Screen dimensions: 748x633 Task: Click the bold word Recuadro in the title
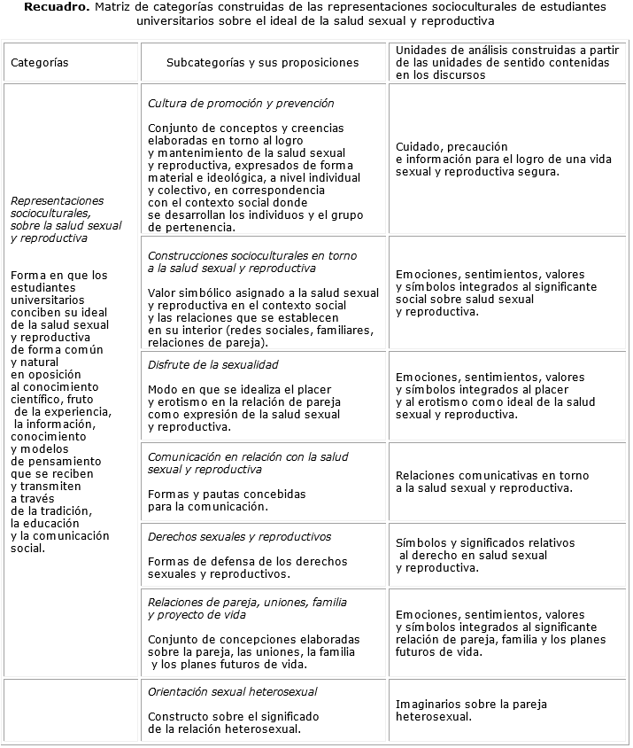(55, 7)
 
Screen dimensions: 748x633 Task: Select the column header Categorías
(39, 63)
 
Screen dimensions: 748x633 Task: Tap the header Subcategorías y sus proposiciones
(263, 63)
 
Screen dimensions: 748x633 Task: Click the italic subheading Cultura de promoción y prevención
(241, 104)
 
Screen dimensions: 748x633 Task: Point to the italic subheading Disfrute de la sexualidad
(213, 364)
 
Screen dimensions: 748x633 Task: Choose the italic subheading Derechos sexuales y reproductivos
(240, 536)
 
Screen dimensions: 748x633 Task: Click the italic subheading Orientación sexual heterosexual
(233, 691)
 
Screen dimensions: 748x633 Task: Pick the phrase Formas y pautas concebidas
(227, 494)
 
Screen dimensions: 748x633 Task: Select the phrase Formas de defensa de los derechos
(248, 561)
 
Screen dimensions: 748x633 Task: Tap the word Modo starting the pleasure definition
(162, 389)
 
